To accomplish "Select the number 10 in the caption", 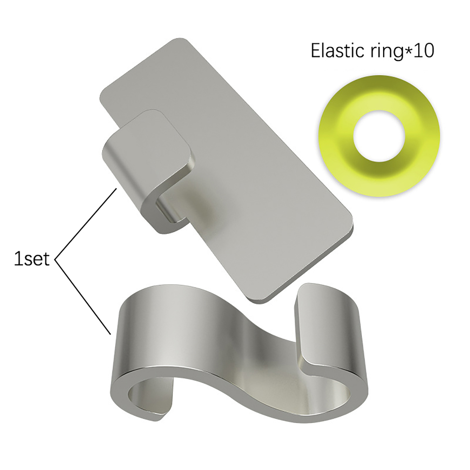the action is (x=423, y=51).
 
